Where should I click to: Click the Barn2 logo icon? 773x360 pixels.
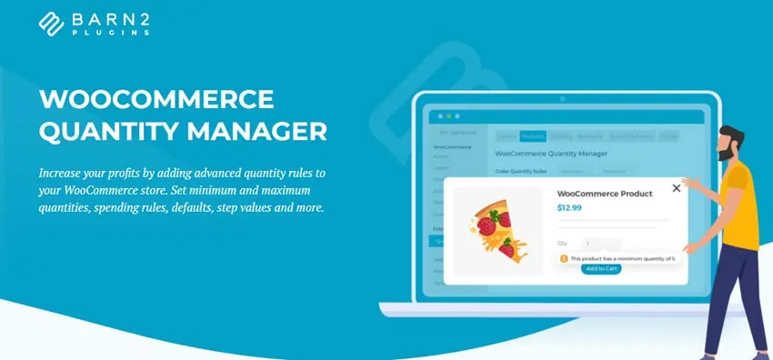coord(53,23)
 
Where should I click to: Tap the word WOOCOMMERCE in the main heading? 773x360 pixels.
coord(157,99)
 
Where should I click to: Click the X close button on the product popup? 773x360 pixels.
coord(676,188)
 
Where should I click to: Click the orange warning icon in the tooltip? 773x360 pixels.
coord(564,258)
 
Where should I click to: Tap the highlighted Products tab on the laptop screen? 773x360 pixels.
coord(533,136)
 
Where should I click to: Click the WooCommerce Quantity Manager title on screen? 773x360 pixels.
coord(550,155)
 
